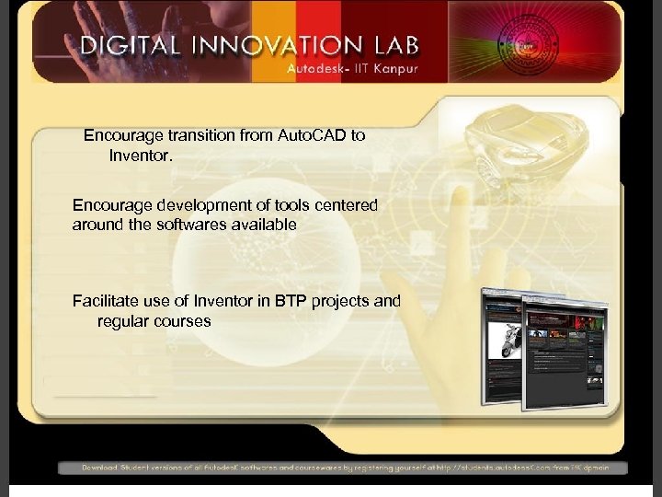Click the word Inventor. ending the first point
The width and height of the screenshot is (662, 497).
point(141,156)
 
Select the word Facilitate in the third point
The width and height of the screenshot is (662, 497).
point(103,300)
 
